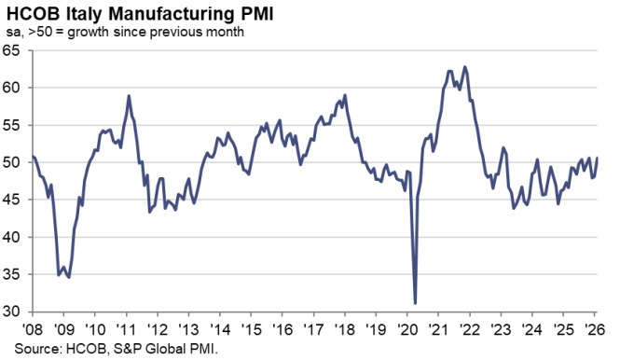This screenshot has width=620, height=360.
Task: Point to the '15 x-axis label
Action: tap(252, 329)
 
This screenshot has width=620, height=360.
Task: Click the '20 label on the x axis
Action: tap(408, 329)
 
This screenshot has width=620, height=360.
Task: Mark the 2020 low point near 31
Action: tap(414, 302)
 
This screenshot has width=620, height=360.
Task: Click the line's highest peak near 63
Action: tap(464, 67)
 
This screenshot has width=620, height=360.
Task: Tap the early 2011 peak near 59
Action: tap(128, 96)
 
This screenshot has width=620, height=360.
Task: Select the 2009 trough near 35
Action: tap(69, 277)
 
